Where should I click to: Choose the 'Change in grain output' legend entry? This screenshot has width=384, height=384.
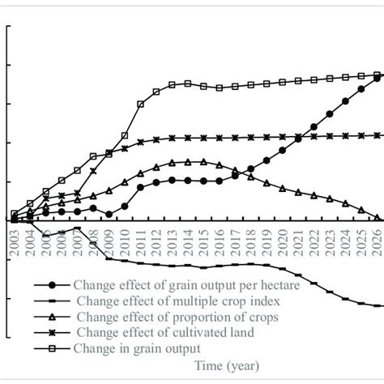135,348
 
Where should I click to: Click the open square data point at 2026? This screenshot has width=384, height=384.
378,75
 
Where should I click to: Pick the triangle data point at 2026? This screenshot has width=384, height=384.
378,218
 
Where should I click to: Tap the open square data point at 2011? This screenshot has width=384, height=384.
141,105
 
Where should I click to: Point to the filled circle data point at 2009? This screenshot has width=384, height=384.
109,214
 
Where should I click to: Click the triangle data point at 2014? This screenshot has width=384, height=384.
188,162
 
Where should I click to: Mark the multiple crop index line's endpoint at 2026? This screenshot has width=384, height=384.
379,305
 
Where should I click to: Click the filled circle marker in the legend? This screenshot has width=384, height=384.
53,285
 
